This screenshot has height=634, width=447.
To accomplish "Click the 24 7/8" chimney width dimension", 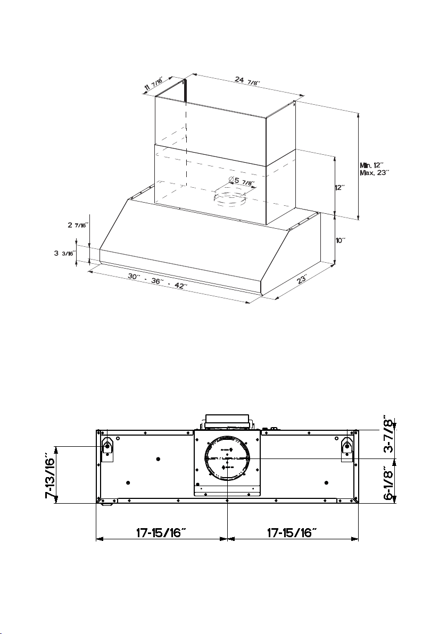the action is point(247,80).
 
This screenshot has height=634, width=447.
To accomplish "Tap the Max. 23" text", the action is point(375,173).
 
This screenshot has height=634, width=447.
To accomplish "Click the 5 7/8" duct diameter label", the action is point(242,181).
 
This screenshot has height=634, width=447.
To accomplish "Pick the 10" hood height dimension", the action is point(341,240).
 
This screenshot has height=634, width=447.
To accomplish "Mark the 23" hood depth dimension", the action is point(301,279).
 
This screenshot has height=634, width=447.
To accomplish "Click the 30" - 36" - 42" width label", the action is point(158,281).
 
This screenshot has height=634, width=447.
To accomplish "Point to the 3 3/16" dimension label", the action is point(65,253).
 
